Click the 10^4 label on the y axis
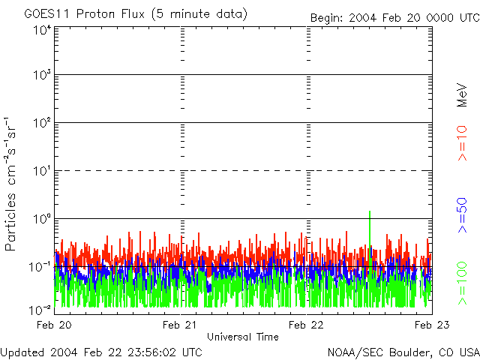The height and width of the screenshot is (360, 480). [x=42, y=30]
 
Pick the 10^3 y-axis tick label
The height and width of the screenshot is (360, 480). [x=42, y=75]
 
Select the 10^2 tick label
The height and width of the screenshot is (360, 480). [x=42, y=122]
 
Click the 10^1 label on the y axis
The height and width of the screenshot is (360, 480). [x=42, y=170]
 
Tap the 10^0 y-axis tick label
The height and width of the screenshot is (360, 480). [x=42, y=218]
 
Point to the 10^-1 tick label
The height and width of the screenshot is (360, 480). [x=40, y=266]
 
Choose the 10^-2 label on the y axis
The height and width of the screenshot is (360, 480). [x=40, y=310]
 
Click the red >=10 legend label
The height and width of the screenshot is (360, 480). [x=463, y=143]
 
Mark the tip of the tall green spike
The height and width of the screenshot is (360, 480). [x=370, y=211]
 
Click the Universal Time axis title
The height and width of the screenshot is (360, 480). [x=242, y=337]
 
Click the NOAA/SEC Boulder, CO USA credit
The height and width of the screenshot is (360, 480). [x=403, y=352]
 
